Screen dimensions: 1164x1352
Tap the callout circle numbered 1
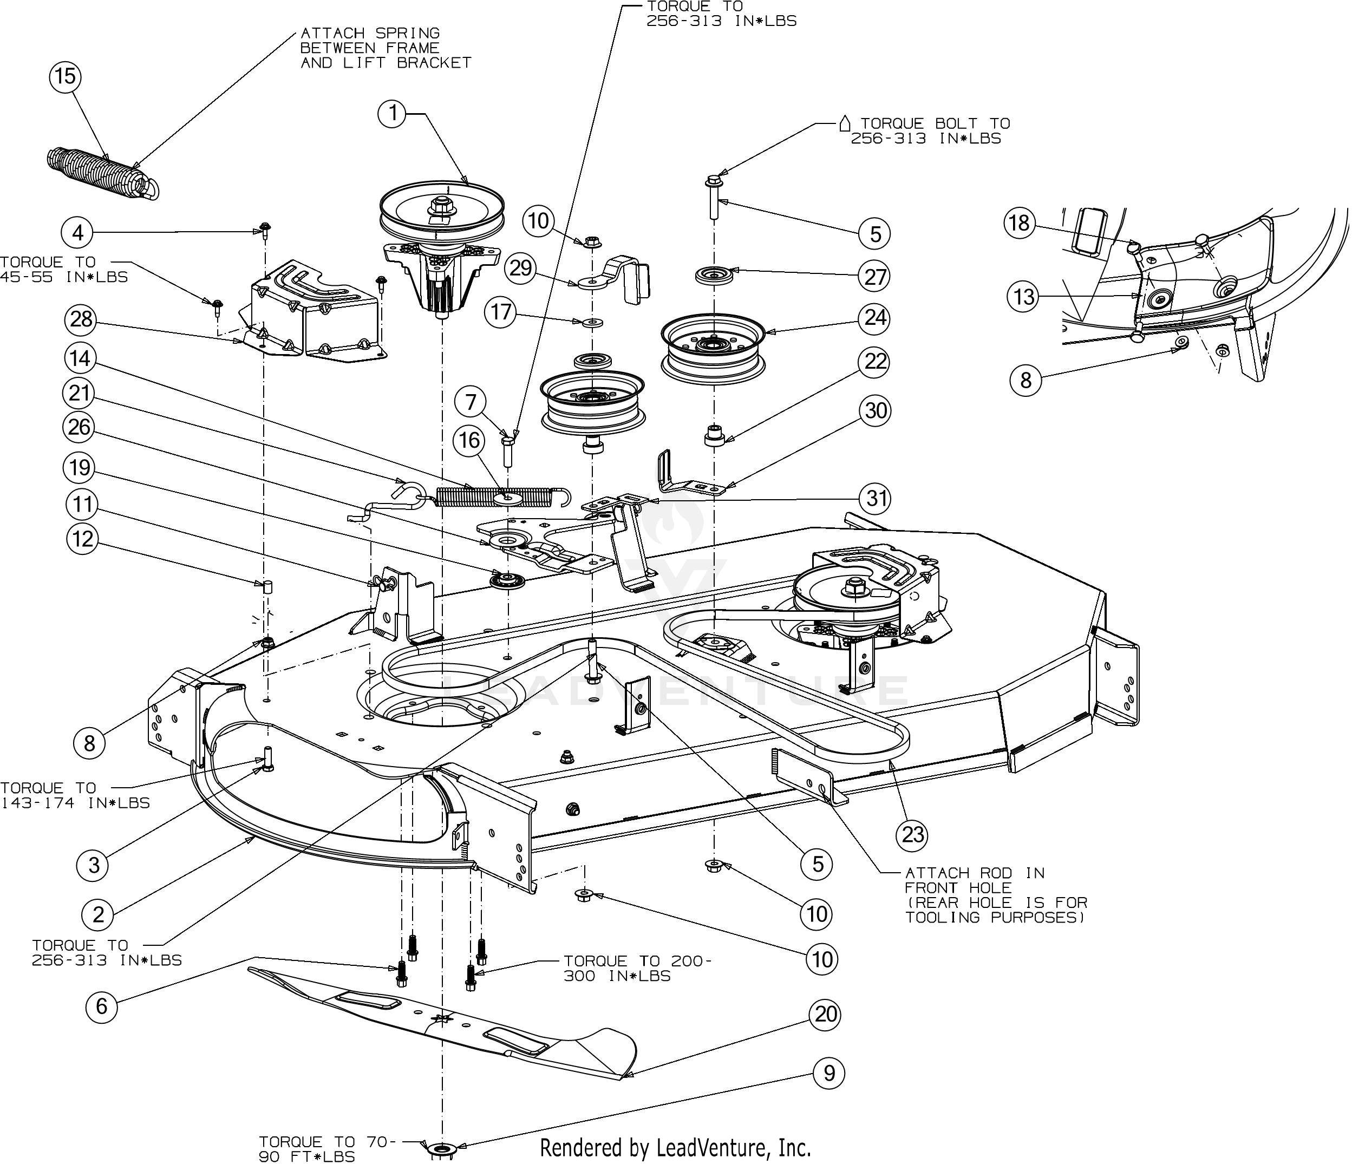pyautogui.click(x=393, y=114)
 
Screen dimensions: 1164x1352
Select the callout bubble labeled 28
pyautogui.click(x=81, y=320)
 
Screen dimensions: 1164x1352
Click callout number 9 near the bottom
pyautogui.click(x=828, y=1073)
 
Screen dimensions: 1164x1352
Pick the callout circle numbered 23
pyautogui.click(x=913, y=834)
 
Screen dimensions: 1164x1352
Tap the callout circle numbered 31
pyautogui.click(x=876, y=499)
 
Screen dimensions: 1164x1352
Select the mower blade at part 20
pyautogui.click(x=443, y=1021)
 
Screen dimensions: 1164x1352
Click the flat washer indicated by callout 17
pyautogui.click(x=592, y=322)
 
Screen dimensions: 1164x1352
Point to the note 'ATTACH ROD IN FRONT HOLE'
pyautogui.click(x=995, y=894)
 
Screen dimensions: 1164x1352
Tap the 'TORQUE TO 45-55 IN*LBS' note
pyautogui.click(x=64, y=269)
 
